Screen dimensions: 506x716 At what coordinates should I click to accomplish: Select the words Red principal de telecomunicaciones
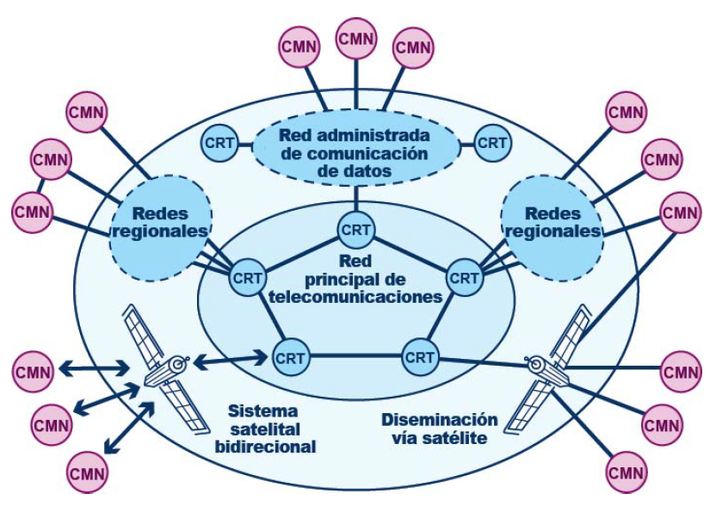pos(355,277)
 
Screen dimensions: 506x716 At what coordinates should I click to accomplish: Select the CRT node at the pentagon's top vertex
pos(355,230)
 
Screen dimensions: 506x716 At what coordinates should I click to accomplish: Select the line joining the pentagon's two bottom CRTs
pos(355,355)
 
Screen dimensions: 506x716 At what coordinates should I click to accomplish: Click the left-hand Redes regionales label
pos(160,221)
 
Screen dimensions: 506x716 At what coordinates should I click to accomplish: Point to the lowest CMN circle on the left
pos(88,472)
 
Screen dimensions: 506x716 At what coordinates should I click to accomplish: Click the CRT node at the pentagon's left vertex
pos(247,277)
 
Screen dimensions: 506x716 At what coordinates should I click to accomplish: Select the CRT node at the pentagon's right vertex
pos(465,277)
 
